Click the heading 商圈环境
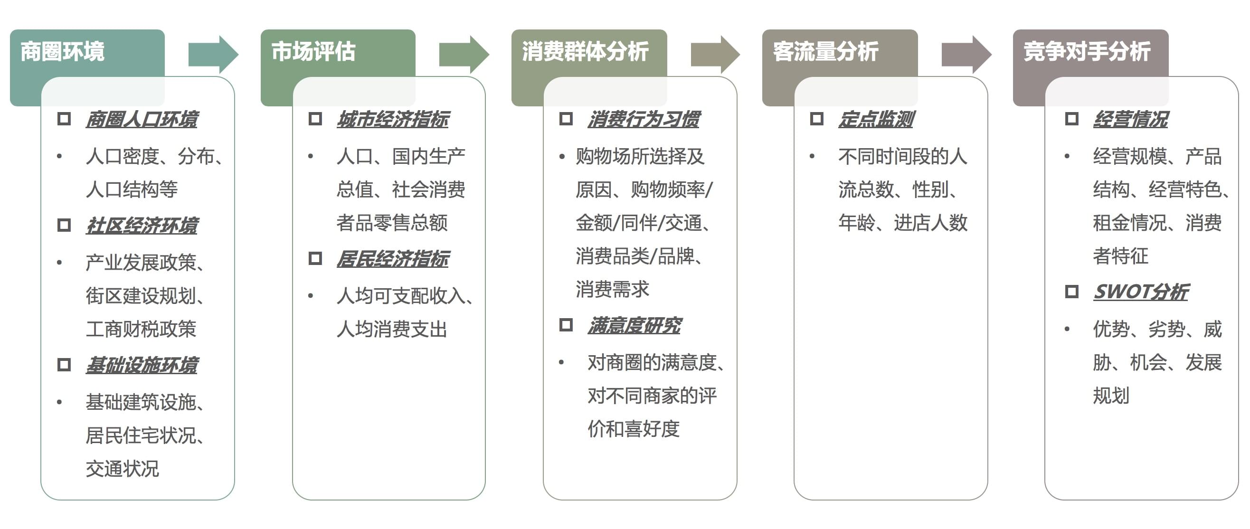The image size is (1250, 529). tap(62, 51)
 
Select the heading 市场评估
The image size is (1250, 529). tap(313, 51)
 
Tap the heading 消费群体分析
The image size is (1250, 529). tap(585, 51)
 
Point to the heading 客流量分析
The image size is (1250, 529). tap(825, 51)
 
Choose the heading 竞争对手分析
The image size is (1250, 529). tap(1087, 51)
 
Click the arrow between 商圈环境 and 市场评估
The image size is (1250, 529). tap(213, 54)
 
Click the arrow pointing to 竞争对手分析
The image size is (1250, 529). tap(966, 54)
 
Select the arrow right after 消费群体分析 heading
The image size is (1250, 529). tap(715, 54)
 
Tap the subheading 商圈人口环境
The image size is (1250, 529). tap(142, 119)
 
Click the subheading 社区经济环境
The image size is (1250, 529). tap(142, 226)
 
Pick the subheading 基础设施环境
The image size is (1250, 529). tap(142, 365)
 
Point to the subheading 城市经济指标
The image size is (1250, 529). tap(393, 119)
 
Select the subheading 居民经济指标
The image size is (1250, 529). tap(393, 259)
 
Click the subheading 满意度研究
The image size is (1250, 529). tap(634, 326)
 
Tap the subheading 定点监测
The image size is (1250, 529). tap(876, 119)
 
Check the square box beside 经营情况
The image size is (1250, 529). tap(1071, 119)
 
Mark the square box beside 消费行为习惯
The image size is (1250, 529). tap(566, 119)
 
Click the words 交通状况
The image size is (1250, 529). tap(122, 469)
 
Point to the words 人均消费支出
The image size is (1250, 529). tap(392, 330)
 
